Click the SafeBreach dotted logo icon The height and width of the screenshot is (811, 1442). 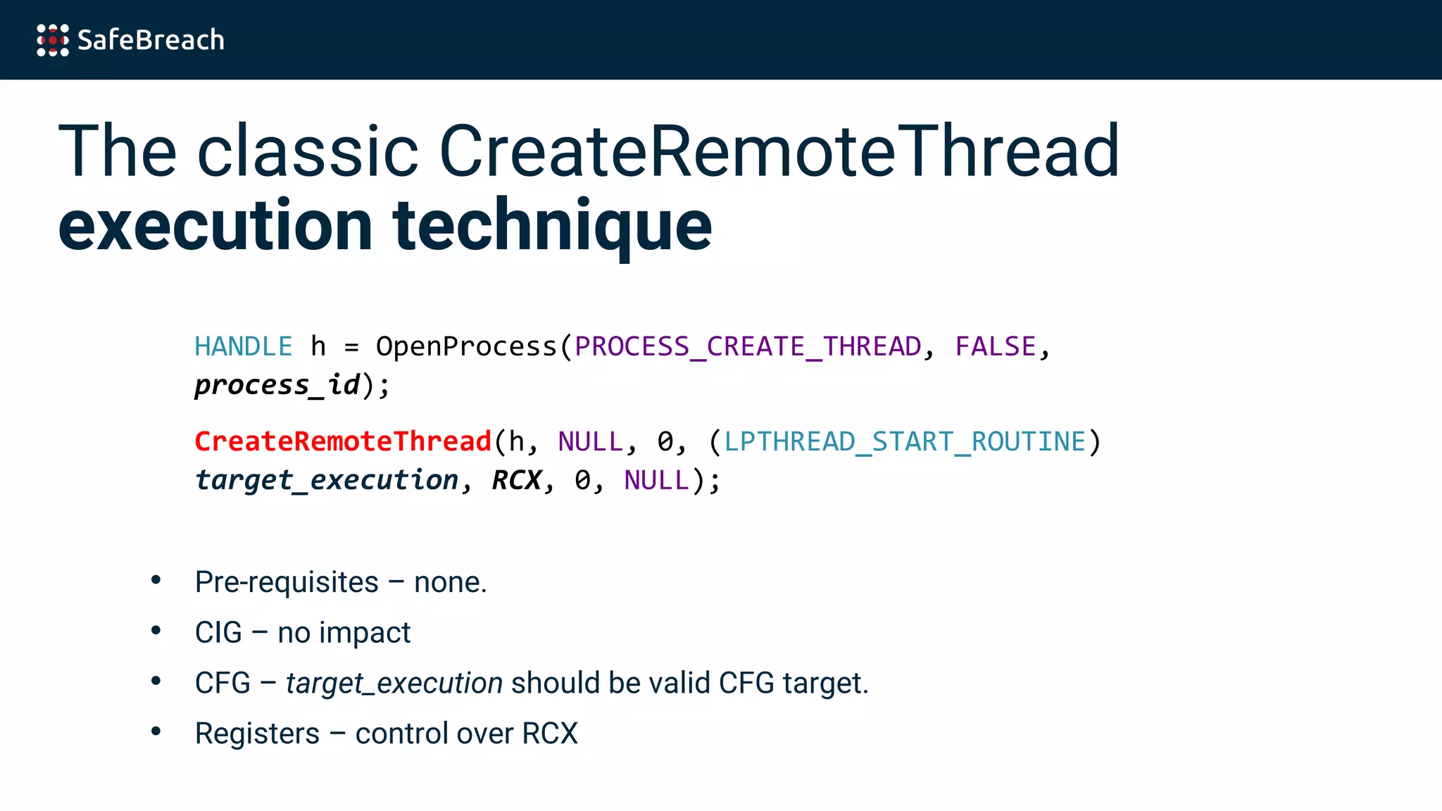coord(53,40)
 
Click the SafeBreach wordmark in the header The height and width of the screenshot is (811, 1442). coord(151,40)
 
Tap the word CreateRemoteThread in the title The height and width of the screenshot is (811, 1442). coord(779,151)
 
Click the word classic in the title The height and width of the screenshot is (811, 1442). coord(308,151)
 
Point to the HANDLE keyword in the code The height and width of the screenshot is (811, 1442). coord(243,347)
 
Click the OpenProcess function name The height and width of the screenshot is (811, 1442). coord(466,347)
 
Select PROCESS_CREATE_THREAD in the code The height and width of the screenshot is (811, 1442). coord(748,347)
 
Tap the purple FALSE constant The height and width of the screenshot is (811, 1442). coord(995,347)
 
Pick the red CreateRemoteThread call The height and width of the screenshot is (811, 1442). coord(343,442)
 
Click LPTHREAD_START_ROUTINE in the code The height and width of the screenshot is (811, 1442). coord(905,442)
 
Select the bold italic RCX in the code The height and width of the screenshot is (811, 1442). coord(516,481)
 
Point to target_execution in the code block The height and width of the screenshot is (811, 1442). coord(327,481)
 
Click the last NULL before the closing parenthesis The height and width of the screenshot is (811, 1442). coord(656,481)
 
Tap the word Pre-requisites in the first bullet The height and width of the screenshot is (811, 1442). coord(287,583)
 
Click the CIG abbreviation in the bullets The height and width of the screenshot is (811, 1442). coord(218,633)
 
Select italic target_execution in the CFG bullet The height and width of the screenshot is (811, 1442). coord(394,684)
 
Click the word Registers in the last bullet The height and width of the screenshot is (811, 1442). coord(257,734)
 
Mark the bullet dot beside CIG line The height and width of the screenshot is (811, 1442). coord(156,631)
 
